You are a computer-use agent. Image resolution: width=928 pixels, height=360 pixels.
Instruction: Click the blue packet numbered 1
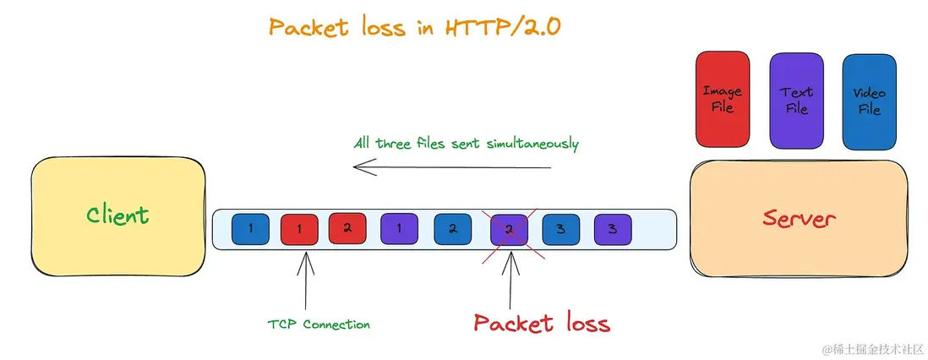(250, 229)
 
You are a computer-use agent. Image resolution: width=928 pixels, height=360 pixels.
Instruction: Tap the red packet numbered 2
(347, 228)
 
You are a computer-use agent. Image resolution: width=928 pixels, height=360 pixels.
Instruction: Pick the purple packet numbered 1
(400, 229)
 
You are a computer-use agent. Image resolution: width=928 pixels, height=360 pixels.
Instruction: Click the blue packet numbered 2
(453, 229)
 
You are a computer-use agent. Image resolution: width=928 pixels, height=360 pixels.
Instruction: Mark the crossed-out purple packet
(509, 230)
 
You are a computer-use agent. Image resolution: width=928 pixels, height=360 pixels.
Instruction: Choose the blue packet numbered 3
(561, 229)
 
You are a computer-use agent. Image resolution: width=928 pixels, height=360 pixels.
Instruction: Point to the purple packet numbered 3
(613, 229)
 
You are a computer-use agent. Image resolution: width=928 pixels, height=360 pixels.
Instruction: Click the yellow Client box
(117, 216)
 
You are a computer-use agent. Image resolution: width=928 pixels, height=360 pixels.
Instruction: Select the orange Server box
(799, 219)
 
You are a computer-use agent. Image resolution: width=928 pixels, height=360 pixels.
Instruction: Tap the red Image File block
(723, 100)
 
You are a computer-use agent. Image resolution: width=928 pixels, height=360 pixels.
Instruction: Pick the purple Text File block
(797, 101)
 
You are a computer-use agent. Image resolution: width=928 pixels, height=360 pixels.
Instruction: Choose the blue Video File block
(870, 102)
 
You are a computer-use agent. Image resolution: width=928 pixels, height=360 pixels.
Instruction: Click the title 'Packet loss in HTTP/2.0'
(414, 28)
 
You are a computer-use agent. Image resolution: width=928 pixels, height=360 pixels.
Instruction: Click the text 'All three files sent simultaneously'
(466, 144)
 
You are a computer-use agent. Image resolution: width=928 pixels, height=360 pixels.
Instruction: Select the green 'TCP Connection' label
(319, 325)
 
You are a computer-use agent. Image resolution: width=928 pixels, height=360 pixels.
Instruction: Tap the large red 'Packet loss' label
(542, 324)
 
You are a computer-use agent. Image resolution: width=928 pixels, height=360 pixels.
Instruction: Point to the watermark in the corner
(872, 348)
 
